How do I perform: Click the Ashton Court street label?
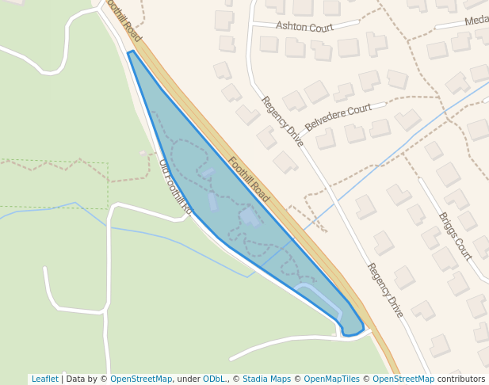point(304,26)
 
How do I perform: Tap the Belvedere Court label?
point(338,117)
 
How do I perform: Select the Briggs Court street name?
point(455,236)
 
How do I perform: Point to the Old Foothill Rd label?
point(176,188)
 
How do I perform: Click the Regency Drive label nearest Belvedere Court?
point(282,121)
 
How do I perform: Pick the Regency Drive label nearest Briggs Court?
point(385,290)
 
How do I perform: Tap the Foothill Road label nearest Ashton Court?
point(123,21)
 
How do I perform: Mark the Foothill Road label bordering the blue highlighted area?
point(248,179)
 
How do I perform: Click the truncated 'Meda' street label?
point(476,21)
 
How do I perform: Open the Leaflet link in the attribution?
point(44,379)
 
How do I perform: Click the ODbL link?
point(214,379)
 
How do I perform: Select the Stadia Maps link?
point(266,379)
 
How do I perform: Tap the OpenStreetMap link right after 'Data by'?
point(141,379)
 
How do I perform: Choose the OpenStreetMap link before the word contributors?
point(403,379)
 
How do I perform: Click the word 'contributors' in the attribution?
point(461,379)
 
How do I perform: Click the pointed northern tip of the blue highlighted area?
point(131,52)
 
